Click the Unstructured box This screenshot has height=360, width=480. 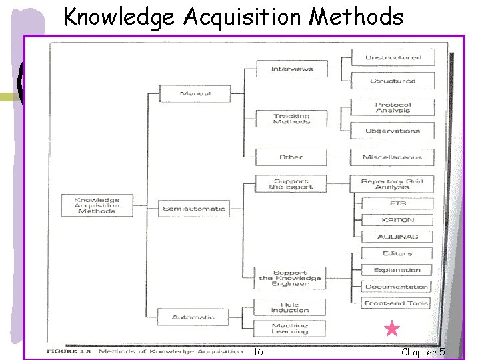coord(393,57)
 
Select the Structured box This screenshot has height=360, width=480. coord(393,81)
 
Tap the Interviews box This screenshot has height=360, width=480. coord(291,69)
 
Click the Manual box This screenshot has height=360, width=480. coord(195,93)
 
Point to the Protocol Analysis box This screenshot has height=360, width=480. coord(393,107)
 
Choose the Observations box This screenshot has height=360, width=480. coord(393,131)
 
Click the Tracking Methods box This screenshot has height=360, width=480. coord(291,119)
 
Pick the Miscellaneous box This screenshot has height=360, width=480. coord(392,157)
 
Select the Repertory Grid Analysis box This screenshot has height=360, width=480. coord(392,183)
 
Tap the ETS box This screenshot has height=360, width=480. coord(397,203)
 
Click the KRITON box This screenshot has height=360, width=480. coord(397,219)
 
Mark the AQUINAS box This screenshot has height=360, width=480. coord(397,237)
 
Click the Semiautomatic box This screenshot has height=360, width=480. coord(194,209)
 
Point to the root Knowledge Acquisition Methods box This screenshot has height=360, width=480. coord(97,205)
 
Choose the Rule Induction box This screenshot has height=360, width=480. coord(290,307)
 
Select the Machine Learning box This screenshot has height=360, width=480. coord(290,329)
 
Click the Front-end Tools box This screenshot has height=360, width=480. coord(396,303)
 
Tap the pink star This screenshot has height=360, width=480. coord(392,329)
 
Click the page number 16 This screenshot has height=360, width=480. coord(258,352)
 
